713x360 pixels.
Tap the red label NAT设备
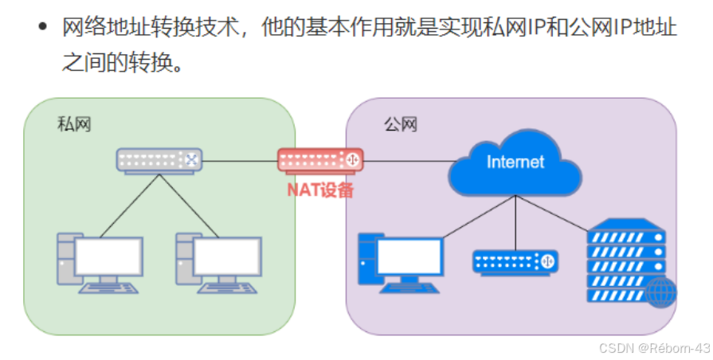tap(319, 190)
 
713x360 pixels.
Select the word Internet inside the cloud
tap(515, 162)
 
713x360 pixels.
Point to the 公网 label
tap(400, 124)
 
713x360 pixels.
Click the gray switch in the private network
tap(158, 160)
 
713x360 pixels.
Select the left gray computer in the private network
tap(99, 261)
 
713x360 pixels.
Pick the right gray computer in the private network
tap(217, 261)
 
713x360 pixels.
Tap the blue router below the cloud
tap(515, 260)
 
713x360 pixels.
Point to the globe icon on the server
tap(660, 292)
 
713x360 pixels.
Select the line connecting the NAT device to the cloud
tap(406, 162)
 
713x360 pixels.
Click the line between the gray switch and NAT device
tap(239, 161)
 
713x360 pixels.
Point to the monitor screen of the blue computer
tap(409, 256)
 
